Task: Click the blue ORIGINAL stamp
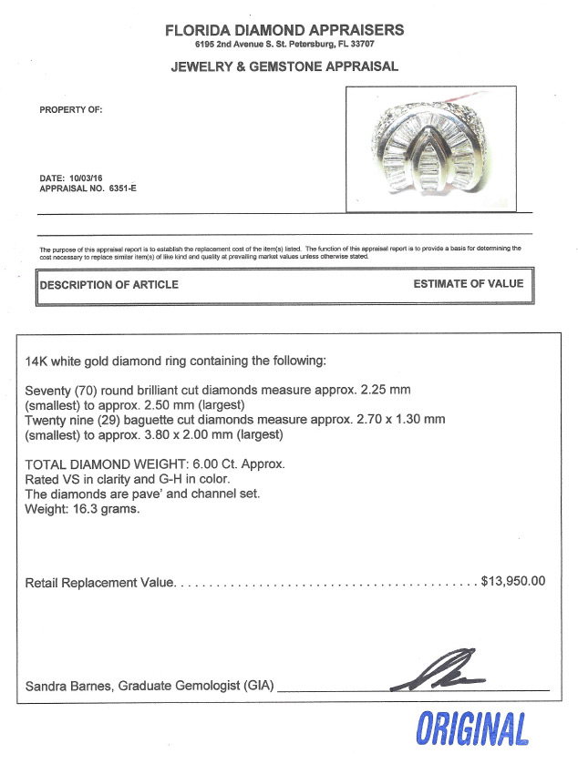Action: [472, 730]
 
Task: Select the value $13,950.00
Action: [513, 581]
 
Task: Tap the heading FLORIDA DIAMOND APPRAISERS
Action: [284, 30]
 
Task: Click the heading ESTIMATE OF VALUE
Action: [468, 284]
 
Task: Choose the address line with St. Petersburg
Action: [284, 45]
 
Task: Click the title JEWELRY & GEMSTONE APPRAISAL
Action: [284, 67]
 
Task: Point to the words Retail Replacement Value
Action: [98, 582]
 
